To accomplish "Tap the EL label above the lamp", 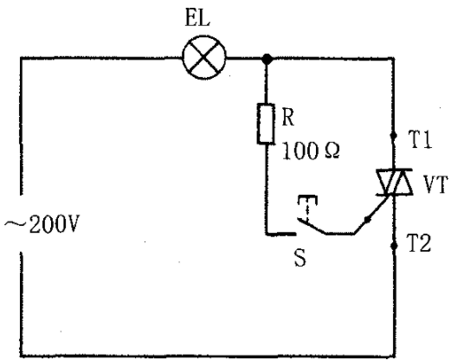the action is (x=197, y=19).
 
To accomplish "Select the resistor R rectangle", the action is (x=266, y=124).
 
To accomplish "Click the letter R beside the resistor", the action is (x=287, y=118).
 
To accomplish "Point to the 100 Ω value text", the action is (x=311, y=151).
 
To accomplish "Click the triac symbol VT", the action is (x=394, y=183).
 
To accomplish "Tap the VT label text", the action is (x=435, y=184).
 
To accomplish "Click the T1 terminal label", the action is (x=421, y=139).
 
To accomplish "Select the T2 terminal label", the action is (x=419, y=243).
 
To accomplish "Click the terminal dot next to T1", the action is (x=394, y=135).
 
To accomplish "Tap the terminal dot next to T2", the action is (x=394, y=246).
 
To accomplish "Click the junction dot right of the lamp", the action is (x=267, y=59).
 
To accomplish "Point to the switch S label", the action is (x=300, y=257).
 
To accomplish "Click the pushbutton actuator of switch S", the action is (x=307, y=209).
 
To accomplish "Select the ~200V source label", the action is (x=41, y=224).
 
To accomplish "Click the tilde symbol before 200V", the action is (x=15, y=223).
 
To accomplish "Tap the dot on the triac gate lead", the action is (x=367, y=220).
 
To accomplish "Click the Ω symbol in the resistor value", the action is (x=332, y=151).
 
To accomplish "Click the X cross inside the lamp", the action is (x=204, y=57).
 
